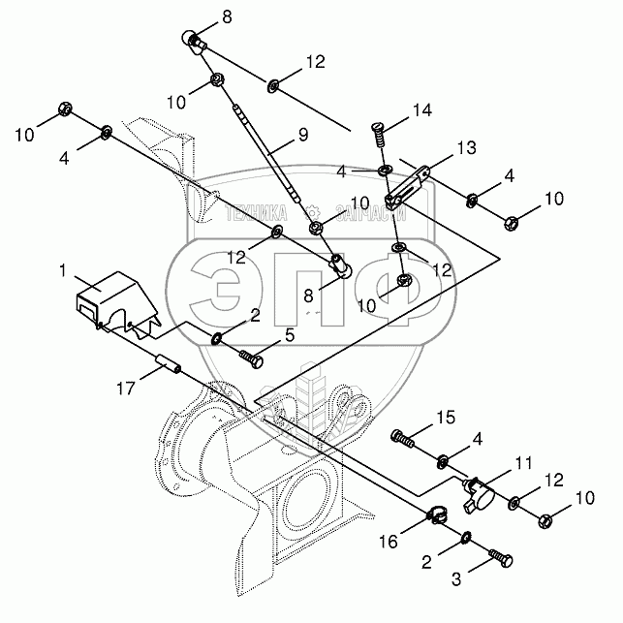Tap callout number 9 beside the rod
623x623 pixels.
click(x=303, y=136)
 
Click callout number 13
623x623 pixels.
click(x=467, y=148)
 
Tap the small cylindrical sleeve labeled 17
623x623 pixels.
click(x=167, y=371)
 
